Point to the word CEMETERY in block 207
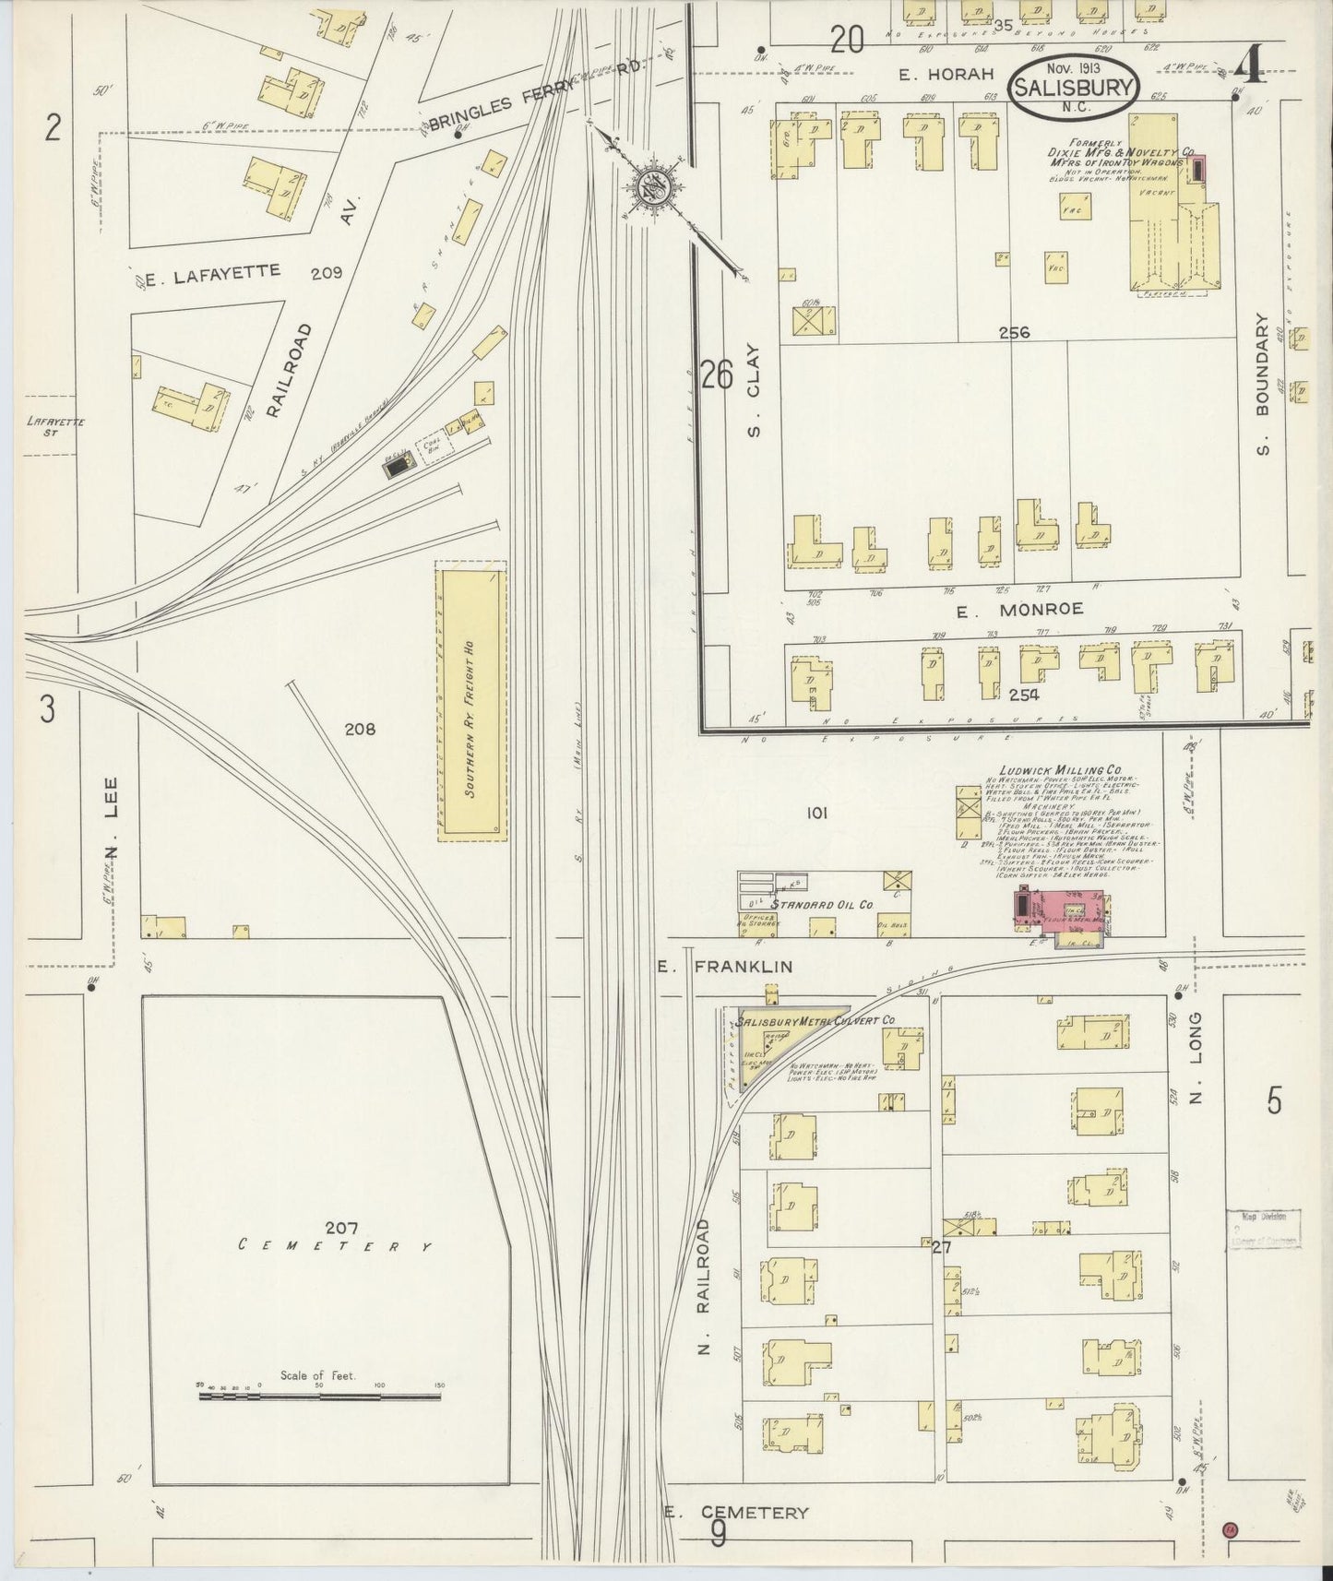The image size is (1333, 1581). point(334,1245)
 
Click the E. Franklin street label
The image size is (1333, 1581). point(725,966)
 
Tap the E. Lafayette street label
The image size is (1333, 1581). point(214,272)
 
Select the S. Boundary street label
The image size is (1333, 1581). point(1263,384)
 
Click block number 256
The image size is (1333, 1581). point(1014,333)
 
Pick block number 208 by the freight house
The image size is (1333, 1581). point(360,730)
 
